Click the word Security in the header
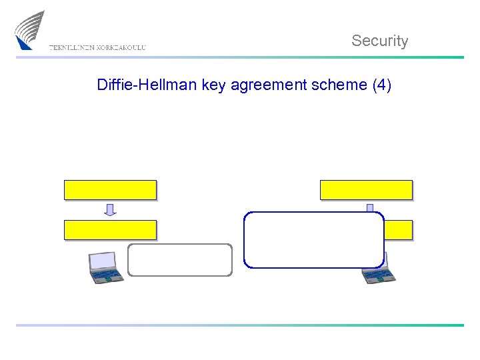coord(379,41)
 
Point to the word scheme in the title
coord(341,85)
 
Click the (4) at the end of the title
coord(382,85)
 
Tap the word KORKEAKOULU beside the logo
coord(121,47)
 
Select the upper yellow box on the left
coord(110,190)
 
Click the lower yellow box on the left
coord(110,230)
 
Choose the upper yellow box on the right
coord(366,190)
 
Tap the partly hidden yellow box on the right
coord(399,230)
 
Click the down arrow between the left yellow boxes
coord(110,210)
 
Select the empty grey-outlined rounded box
coord(180,260)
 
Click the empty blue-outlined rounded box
coord(314,240)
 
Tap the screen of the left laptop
coord(102,259)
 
